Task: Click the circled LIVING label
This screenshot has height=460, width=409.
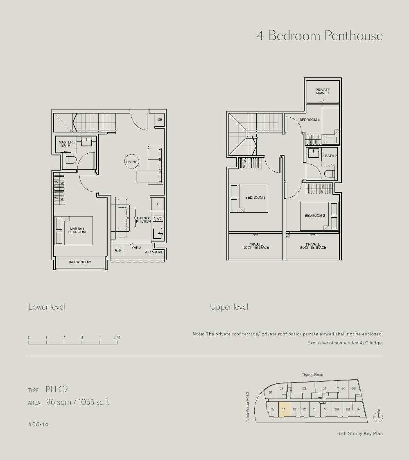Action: click(131, 162)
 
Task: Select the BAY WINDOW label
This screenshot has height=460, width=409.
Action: click(80, 262)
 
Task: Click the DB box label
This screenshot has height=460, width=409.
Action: click(160, 120)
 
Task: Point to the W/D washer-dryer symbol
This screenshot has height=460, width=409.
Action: click(118, 250)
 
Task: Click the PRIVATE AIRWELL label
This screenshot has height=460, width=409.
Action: click(323, 91)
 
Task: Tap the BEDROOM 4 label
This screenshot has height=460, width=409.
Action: click(310, 120)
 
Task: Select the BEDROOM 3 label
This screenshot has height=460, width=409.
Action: click(255, 198)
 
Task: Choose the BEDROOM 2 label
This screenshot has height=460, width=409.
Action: click(315, 216)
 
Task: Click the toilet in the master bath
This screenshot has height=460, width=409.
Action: click(71, 160)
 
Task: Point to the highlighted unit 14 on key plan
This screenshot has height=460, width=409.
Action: click(284, 409)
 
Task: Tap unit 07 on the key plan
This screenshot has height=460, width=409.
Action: click(359, 409)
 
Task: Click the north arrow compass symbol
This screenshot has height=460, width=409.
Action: click(379, 416)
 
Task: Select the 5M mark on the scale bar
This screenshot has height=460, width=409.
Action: click(117, 337)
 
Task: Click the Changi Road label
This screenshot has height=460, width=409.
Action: click(312, 375)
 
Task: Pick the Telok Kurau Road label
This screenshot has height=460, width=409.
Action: click(248, 407)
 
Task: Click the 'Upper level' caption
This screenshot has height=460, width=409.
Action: click(229, 307)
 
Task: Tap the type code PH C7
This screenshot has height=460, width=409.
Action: click(57, 389)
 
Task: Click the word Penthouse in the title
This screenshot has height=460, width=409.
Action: click(354, 36)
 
